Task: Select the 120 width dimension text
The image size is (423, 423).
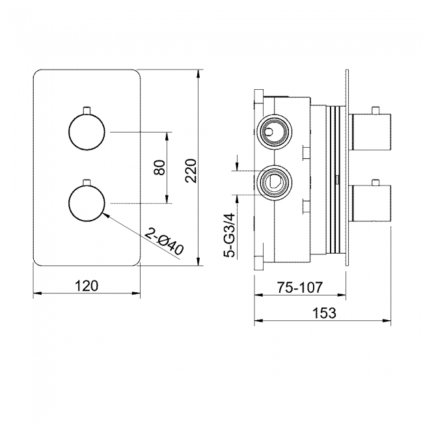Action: pos(87,285)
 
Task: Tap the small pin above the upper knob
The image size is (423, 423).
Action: pos(86,107)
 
